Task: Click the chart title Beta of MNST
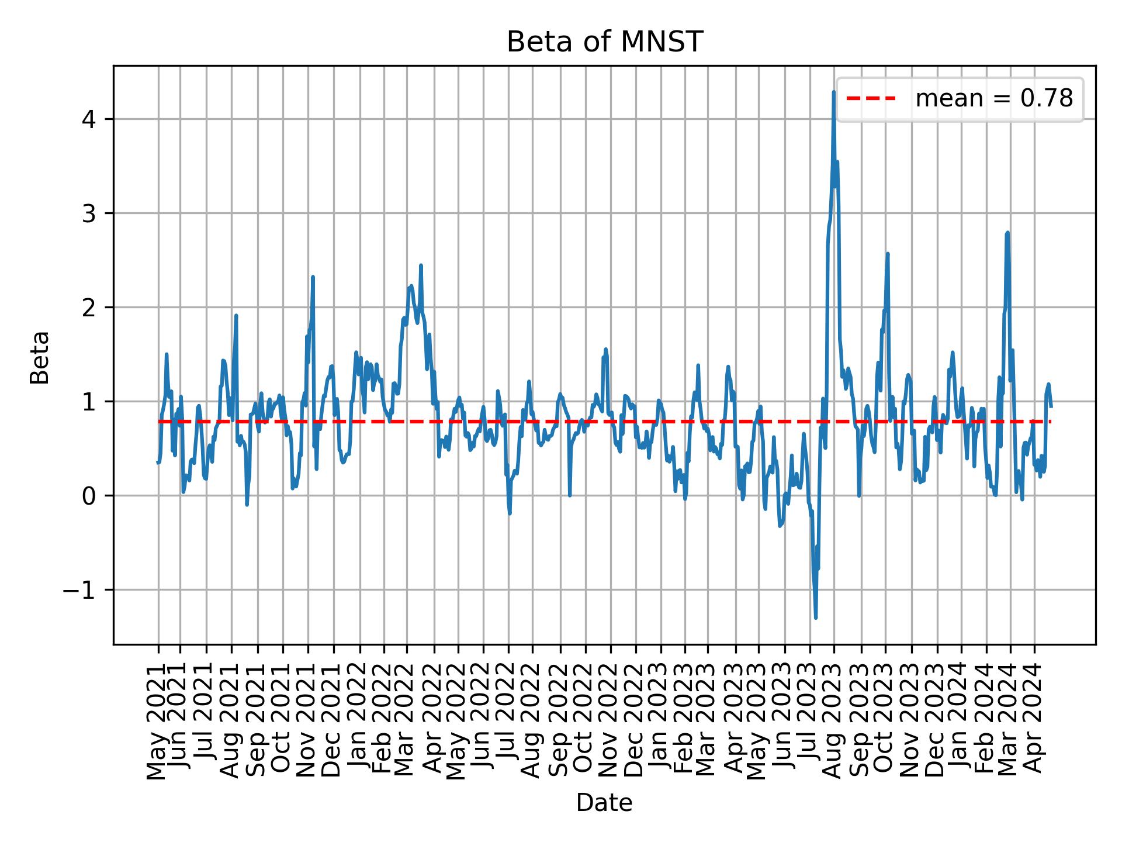(x=604, y=42)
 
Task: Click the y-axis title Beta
(x=40, y=357)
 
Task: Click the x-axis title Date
(x=604, y=803)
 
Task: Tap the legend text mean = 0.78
(x=994, y=99)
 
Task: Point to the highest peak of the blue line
(x=833, y=92)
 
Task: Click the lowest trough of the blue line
(x=816, y=617)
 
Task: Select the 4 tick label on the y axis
(x=89, y=119)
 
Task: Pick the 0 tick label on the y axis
(x=89, y=496)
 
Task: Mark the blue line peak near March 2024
(x=1007, y=233)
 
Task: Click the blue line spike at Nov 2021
(x=313, y=277)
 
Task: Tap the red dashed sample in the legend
(x=871, y=99)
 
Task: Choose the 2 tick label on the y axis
(x=89, y=308)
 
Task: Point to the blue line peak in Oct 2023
(x=888, y=254)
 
